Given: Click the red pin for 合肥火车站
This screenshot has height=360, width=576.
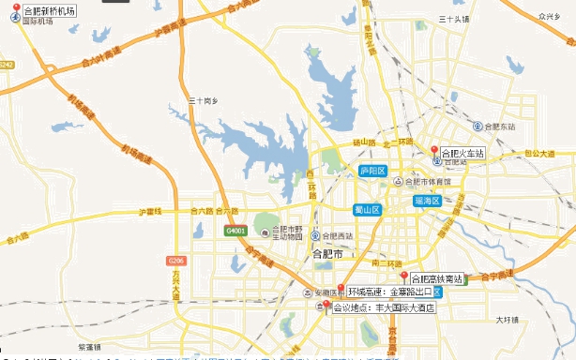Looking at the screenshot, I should [434, 150].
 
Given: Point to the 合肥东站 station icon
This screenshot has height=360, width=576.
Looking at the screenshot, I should [477, 126].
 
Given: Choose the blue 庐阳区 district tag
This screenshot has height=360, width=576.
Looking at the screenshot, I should [372, 171].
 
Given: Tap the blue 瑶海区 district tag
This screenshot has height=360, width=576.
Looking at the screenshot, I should [427, 201].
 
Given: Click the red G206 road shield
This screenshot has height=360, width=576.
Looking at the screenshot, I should [174, 260].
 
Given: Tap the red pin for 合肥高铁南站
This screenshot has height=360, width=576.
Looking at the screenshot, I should [404, 276].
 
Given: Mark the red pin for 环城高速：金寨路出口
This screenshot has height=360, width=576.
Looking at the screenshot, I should [341, 289].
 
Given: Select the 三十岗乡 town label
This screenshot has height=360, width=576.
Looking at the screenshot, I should [204, 99].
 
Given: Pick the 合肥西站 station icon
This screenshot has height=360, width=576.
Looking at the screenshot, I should [316, 235].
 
